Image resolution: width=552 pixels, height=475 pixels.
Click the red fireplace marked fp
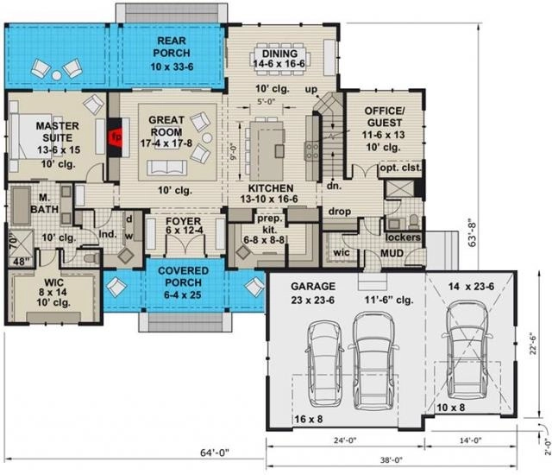coord(116,136)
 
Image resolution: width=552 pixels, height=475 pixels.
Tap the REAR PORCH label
coord(172,47)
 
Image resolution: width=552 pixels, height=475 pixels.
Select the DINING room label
coord(279,54)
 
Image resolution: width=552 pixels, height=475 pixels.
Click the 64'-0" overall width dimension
coord(215,453)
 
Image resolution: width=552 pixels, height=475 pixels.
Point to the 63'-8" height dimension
coord(473,233)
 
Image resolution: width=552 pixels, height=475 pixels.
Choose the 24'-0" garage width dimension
coord(345,440)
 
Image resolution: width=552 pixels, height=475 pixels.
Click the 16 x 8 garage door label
coord(309,420)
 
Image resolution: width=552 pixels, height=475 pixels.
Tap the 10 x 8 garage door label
coord(450,408)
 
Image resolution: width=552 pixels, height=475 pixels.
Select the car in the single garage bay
coord(467,349)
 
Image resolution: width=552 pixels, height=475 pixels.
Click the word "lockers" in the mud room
coord(403,237)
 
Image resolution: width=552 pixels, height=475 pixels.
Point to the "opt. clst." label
coord(400,168)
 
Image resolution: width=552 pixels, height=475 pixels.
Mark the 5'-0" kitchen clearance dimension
coord(266,102)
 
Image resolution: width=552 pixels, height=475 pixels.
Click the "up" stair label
coord(311,90)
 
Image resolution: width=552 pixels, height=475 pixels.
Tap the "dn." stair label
coord(334,186)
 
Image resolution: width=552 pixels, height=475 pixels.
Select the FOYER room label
coord(184,221)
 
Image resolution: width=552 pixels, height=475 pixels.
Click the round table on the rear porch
coord(57,75)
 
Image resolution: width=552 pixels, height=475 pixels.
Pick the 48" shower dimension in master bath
coord(21,263)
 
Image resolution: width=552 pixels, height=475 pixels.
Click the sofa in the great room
coord(166,168)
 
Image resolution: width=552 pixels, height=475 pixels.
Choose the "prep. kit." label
coord(270,224)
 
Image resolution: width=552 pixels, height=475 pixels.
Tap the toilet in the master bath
coord(91,259)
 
